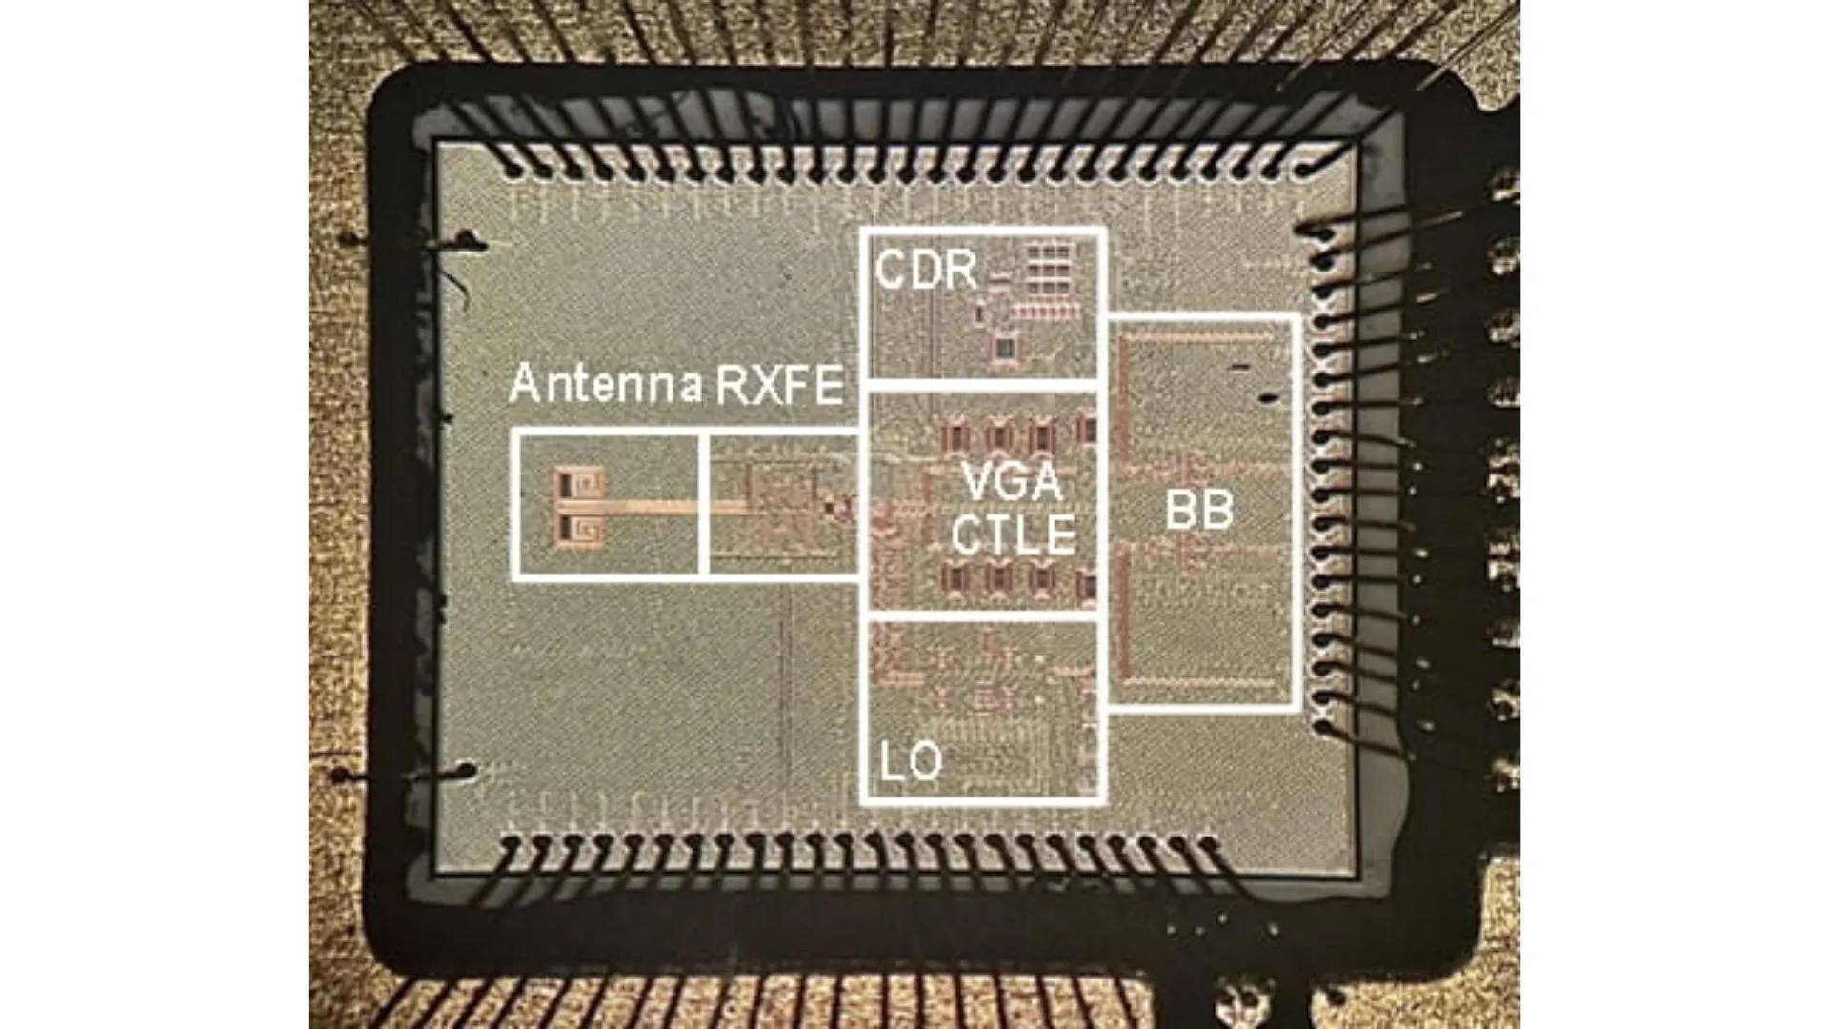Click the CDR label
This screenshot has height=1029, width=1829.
tap(926, 270)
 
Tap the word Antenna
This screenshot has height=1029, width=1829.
tap(606, 385)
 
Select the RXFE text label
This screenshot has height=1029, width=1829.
tap(778, 385)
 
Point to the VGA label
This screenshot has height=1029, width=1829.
tap(1011, 481)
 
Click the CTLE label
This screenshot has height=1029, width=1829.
tap(1013, 535)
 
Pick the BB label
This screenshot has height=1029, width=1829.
tap(1199, 511)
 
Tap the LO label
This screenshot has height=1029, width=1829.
tap(911, 761)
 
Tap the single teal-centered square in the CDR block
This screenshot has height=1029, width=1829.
tap(1004, 347)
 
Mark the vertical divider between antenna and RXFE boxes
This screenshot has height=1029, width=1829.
tap(703, 504)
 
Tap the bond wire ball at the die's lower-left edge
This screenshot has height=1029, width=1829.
tap(465, 770)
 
